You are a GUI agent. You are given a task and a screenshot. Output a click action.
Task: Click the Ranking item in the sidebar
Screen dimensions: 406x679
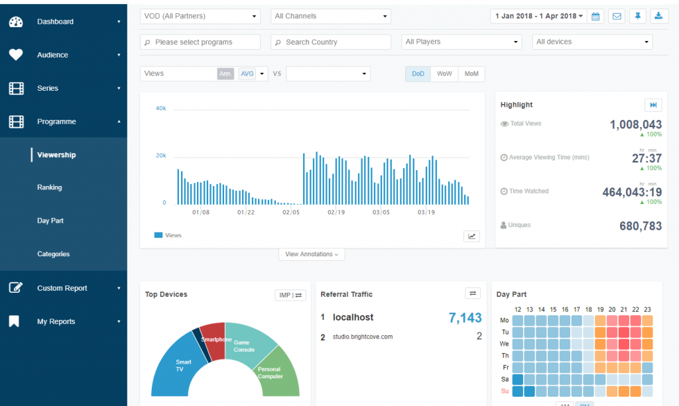(x=50, y=187)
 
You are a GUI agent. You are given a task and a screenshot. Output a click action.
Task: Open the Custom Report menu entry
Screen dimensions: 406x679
(x=62, y=288)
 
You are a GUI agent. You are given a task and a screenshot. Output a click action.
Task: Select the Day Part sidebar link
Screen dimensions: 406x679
(x=50, y=221)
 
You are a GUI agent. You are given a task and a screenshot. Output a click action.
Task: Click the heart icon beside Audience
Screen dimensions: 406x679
(x=16, y=55)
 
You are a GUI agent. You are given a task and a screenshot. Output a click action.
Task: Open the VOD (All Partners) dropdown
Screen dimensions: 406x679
(x=200, y=16)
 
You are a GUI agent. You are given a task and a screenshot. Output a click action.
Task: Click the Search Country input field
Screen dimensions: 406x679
(x=331, y=42)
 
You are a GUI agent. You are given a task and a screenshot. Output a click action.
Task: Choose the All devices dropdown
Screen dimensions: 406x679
(x=592, y=42)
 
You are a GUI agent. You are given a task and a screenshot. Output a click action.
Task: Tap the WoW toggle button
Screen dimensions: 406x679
(x=444, y=74)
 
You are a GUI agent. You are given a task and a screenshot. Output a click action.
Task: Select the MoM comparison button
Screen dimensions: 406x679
(x=471, y=74)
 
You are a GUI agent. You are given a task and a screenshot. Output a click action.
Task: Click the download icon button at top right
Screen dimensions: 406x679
(x=658, y=16)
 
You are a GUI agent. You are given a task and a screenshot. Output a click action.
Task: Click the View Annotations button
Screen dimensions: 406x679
(x=312, y=254)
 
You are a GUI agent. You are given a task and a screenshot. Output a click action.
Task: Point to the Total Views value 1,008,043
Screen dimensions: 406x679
(x=635, y=125)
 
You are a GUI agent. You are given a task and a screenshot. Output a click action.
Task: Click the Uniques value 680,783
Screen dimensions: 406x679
(x=641, y=226)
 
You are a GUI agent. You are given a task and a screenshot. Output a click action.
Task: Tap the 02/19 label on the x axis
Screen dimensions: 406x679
(x=336, y=213)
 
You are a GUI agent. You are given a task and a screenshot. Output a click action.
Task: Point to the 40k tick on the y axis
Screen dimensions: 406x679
(x=160, y=109)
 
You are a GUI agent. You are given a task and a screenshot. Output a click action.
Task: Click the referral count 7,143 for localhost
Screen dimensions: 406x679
(x=465, y=318)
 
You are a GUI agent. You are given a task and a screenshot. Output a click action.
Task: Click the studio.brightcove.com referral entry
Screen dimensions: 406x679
(x=363, y=337)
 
